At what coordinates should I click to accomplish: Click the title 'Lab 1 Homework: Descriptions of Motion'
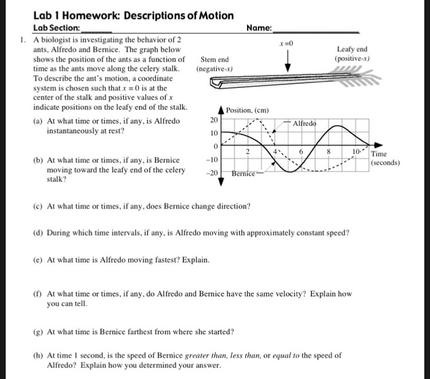[x=133, y=15]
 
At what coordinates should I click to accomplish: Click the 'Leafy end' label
[x=352, y=49]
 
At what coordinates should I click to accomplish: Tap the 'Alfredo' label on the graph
[x=305, y=124]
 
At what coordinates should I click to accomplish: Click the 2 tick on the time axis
[x=247, y=151]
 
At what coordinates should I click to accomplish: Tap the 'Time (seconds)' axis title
[x=385, y=158]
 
